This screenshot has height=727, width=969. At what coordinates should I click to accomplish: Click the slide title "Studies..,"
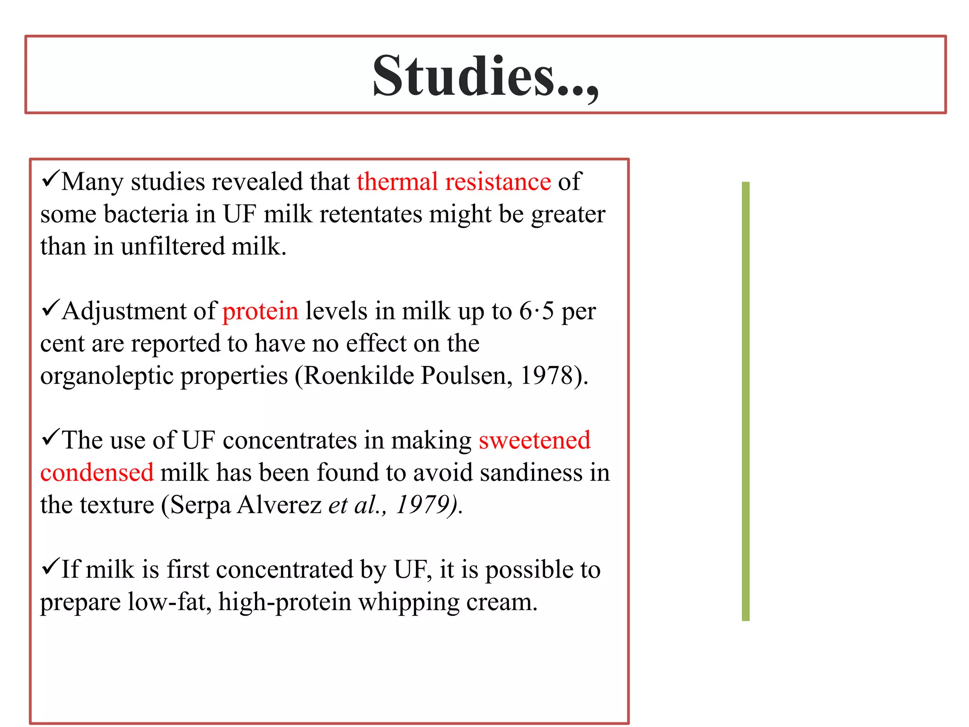[x=485, y=76]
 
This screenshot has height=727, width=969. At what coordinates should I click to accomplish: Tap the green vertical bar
[x=746, y=401]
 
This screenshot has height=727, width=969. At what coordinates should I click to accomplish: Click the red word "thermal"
[x=397, y=182]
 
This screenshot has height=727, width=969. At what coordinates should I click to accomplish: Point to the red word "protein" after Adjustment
[x=260, y=311]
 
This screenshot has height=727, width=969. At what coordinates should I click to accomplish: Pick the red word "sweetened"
[x=535, y=440]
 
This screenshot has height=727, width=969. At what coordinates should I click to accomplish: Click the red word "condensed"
[x=97, y=472]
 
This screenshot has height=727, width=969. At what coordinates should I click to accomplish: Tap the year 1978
[x=547, y=376]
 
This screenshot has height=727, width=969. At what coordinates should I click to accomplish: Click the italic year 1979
[x=423, y=505]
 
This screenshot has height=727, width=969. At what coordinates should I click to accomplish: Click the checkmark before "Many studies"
[x=50, y=179]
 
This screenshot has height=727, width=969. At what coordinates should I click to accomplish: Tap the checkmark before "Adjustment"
[x=50, y=309]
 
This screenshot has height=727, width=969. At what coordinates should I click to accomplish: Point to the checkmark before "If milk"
[x=50, y=567]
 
